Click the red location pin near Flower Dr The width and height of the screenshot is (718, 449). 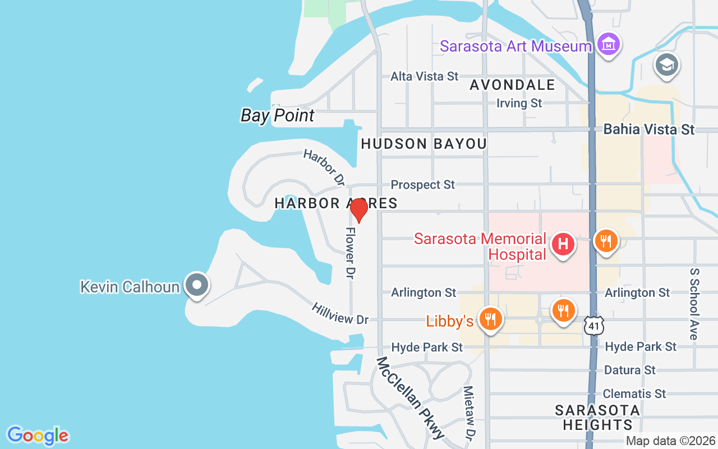pos(359,210)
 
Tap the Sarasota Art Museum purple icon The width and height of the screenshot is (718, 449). pos(608,44)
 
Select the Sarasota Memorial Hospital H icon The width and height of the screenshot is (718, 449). pos(563,244)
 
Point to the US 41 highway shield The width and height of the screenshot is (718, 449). pos(593,325)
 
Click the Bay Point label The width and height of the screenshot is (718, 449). pos(278,116)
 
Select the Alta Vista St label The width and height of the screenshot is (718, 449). pos(425,76)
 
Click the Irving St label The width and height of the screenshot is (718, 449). pos(519,103)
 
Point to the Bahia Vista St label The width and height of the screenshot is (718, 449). pos(649,130)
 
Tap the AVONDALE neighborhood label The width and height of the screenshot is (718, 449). pos(513,85)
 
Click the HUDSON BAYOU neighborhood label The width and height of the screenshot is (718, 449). pos(424,144)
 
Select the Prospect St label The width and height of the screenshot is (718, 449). pos(423,185)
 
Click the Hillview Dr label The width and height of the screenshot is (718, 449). pos(340,313)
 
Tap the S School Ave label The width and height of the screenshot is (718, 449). pos(694,304)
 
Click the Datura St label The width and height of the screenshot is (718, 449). pos(630,370)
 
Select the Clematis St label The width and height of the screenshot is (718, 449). pos(634,393)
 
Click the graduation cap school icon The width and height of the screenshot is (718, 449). pos(666,65)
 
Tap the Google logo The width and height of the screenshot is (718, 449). pos(38,436)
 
